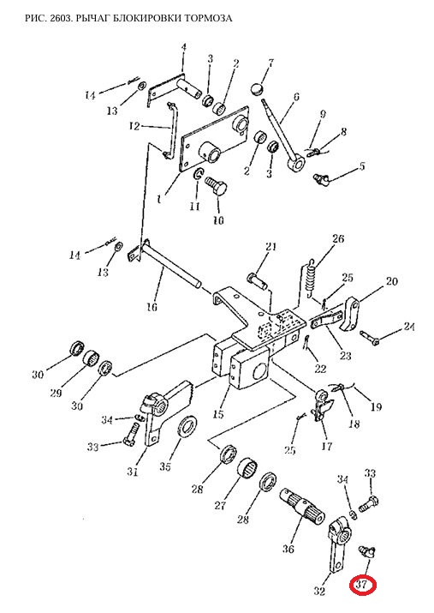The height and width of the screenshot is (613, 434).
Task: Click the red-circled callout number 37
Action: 363,585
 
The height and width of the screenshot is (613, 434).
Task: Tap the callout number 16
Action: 152,307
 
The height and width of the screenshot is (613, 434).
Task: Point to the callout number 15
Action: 218,413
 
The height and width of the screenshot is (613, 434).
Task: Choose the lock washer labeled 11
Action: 199,175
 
